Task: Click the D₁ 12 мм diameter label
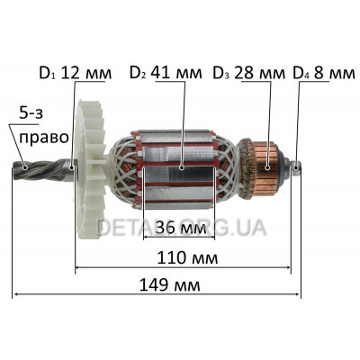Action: click(x=76, y=73)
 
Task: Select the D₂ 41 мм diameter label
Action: click(x=166, y=73)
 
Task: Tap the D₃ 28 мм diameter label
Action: click(x=248, y=73)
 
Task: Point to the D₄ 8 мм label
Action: click(x=324, y=73)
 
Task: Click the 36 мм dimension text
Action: click(x=181, y=229)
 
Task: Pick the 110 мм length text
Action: click(x=187, y=258)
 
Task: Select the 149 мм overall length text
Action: click(x=170, y=285)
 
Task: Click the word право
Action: click(x=43, y=138)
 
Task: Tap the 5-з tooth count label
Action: click(x=31, y=114)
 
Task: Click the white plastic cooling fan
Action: click(x=90, y=169)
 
